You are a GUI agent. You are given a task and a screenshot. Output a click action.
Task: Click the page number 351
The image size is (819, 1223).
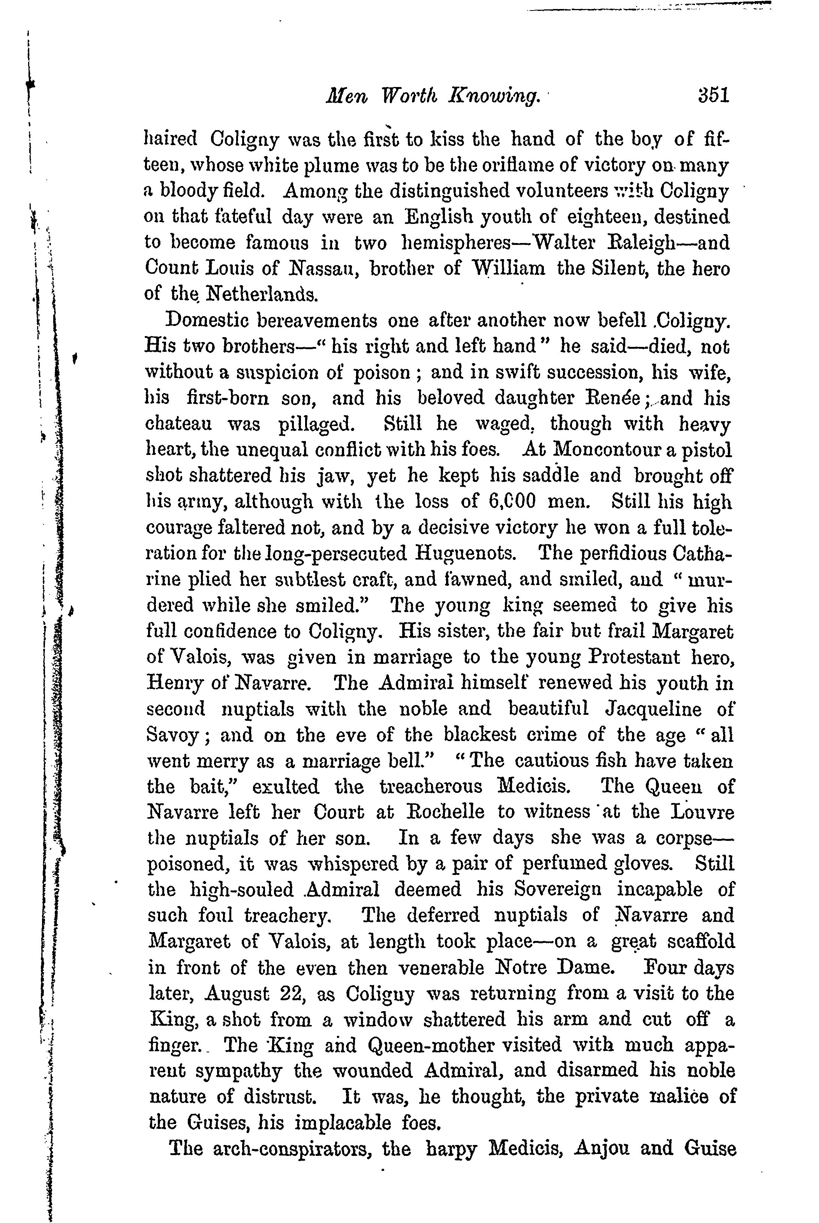pos(713,96)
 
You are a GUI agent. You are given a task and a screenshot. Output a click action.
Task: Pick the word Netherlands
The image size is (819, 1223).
pos(261,294)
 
